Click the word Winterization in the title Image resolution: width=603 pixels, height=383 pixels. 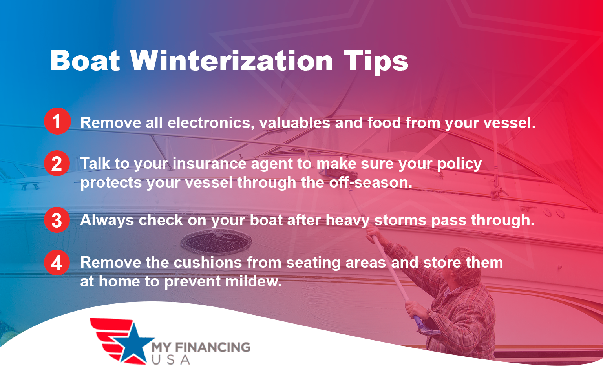[x=232, y=61]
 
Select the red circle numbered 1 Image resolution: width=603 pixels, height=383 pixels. [x=57, y=121]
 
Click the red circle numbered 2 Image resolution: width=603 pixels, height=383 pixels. [x=57, y=163]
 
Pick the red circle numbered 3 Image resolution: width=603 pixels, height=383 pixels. [x=57, y=220]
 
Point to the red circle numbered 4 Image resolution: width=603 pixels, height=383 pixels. [x=57, y=263]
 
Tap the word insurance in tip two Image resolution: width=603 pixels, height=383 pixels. [x=209, y=164]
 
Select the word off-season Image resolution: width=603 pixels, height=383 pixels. [x=371, y=182]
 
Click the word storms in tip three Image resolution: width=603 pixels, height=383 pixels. [x=400, y=220]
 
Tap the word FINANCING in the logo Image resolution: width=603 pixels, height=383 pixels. [x=212, y=347]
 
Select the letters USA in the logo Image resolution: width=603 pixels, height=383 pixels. [x=171, y=359]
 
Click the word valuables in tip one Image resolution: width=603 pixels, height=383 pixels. [x=294, y=123]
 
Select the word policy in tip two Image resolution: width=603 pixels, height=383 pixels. [x=459, y=164]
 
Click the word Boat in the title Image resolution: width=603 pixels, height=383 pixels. [x=85, y=61]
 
